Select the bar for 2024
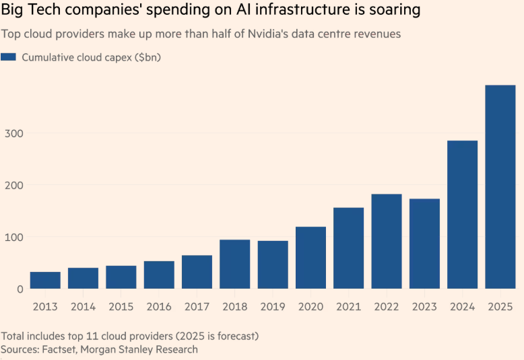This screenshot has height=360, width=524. click(462, 215)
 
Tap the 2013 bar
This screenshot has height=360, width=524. click(45, 280)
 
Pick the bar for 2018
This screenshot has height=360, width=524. click(234, 264)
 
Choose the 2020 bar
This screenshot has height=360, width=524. click(310, 258)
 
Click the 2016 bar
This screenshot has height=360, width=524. click(159, 275)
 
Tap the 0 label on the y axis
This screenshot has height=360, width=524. click(20, 289)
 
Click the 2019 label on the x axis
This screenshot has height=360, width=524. click(273, 307)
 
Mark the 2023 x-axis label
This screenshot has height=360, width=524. click(424, 307)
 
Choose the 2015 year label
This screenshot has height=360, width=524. click(121, 307)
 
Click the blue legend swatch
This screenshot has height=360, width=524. click(9, 57)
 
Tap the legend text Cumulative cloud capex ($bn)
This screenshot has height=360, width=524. click(91, 57)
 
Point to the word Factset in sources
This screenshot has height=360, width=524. click(61, 349)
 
